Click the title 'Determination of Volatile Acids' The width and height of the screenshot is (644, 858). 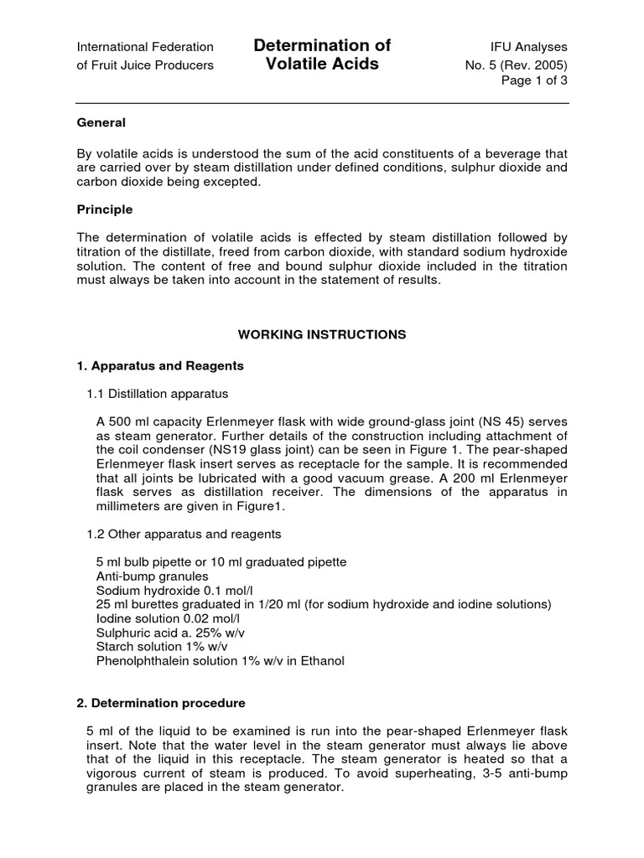322,54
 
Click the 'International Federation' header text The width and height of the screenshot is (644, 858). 145,47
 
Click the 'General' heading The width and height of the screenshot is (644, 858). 101,122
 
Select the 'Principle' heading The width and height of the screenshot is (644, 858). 105,209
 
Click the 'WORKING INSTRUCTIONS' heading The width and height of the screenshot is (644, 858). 322,334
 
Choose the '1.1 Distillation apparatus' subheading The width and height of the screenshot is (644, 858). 158,393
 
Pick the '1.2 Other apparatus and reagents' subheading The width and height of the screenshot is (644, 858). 184,534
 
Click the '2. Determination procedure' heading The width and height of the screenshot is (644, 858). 161,703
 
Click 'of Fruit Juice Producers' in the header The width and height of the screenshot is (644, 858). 145,65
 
